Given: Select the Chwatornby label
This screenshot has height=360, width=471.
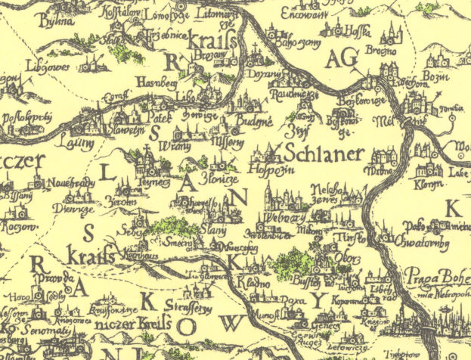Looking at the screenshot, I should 420,241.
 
